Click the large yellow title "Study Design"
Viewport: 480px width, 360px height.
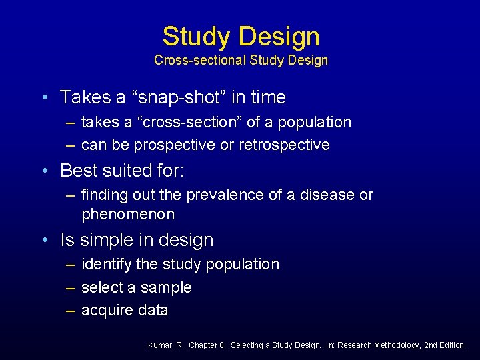241,36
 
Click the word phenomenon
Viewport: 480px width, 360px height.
128,214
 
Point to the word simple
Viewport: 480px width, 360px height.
105,240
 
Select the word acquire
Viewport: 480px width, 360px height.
106,311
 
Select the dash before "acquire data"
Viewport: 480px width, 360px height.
70,311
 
